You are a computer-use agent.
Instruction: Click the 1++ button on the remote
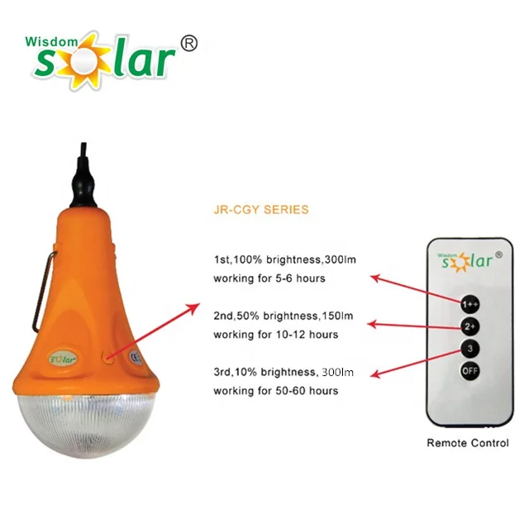(469, 304)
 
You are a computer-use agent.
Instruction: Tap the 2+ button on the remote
(469, 326)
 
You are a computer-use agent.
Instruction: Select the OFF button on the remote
(469, 371)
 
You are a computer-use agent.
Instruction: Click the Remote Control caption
(468, 443)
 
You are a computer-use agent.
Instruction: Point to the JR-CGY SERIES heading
(260, 210)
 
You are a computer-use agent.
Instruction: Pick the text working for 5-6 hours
(269, 279)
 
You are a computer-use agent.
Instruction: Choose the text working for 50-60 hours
(275, 390)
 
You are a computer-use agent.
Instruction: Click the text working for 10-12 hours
(275, 335)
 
